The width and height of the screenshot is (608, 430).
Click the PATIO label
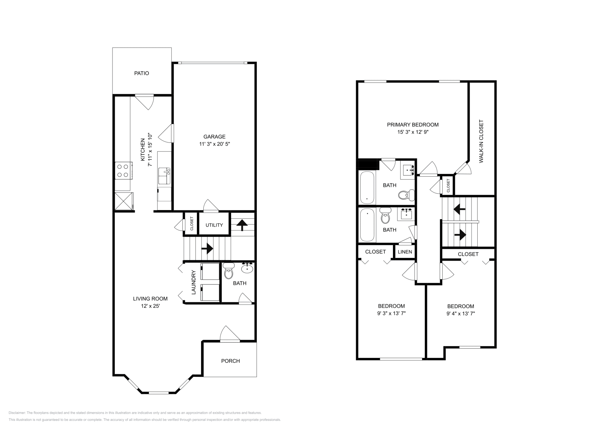(141, 73)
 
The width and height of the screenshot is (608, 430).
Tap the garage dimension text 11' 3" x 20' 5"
(214, 144)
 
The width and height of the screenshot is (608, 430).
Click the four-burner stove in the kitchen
(123, 171)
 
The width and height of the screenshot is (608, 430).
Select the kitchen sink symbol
(165, 176)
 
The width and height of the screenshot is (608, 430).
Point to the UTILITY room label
(214, 225)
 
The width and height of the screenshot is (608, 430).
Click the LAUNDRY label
(193, 282)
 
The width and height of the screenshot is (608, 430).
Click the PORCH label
(230, 361)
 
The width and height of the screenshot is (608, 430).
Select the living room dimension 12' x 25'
(150, 306)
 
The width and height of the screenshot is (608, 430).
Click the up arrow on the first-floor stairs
(241, 225)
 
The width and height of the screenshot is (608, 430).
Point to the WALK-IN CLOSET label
(481, 142)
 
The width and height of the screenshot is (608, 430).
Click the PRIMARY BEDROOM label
(413, 125)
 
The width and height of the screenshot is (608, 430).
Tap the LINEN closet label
(405, 252)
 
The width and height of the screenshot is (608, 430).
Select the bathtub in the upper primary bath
(367, 188)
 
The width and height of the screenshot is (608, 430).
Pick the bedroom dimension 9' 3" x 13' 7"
(391, 314)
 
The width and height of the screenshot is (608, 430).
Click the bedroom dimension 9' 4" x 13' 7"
(461, 314)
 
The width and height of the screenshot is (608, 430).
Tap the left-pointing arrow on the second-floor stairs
(459, 209)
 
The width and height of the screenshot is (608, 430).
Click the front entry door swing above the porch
(229, 334)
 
